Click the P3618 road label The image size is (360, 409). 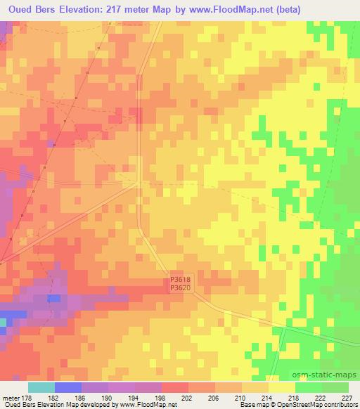pyautogui.click(x=180, y=279)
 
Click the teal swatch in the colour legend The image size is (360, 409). pyautogui.click(x=41, y=387)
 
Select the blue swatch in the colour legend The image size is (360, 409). pyautogui.click(x=68, y=387)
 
